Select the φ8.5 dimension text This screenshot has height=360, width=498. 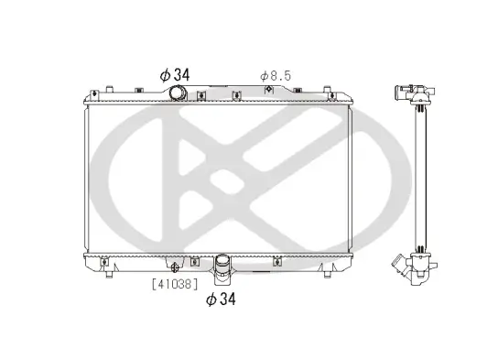[x=275, y=75]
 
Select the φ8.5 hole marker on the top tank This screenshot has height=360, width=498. [x=267, y=90]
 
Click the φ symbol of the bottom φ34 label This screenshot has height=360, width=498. [x=210, y=300]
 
